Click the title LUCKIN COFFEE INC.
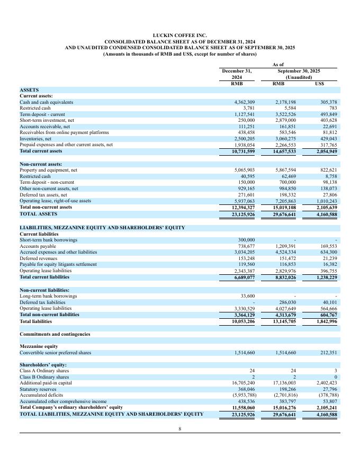point(179,35)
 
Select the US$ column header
point(319,84)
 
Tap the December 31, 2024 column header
point(237,74)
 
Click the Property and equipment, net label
point(48,170)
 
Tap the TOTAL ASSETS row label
point(40,214)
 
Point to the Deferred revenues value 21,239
point(329,258)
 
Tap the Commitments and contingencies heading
point(55,334)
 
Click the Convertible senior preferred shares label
point(55,353)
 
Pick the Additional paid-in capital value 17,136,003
point(283,382)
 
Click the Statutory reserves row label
point(39,389)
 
